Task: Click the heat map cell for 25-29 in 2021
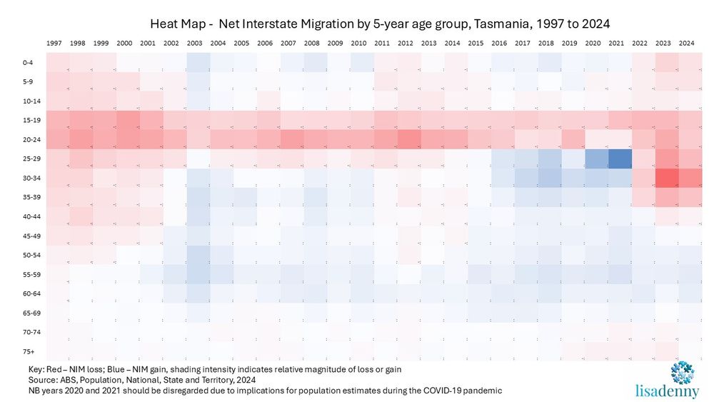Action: click(617, 158)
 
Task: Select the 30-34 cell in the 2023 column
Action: click(664, 177)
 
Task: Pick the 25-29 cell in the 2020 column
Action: click(593, 158)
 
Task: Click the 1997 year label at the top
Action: click(54, 44)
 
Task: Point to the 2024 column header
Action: click(687, 44)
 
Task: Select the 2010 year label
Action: click(358, 44)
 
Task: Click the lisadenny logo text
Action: click(668, 391)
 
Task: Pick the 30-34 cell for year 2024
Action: click(687, 177)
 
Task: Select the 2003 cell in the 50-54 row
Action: click(195, 254)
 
